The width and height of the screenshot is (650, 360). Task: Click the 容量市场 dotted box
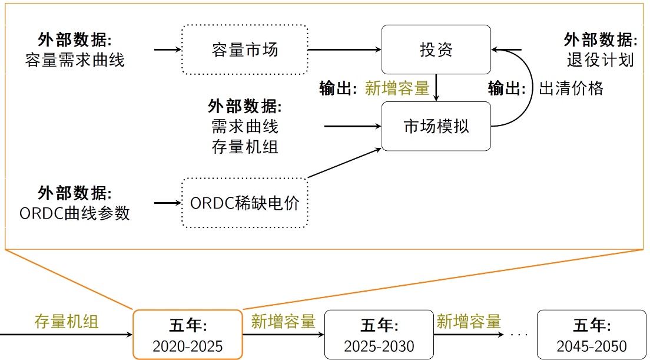click(x=245, y=49)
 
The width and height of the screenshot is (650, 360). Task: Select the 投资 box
click(x=436, y=49)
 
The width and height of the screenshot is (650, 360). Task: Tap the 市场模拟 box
click(x=436, y=126)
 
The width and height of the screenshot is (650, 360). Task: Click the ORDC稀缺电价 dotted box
click(x=245, y=203)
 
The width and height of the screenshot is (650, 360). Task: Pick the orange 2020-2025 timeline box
click(x=188, y=334)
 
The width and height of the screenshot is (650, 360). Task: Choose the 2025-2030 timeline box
click(x=379, y=335)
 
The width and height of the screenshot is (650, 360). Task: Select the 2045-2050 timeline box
click(x=591, y=335)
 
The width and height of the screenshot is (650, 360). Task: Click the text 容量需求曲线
click(x=75, y=60)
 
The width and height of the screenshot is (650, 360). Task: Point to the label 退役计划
click(x=600, y=60)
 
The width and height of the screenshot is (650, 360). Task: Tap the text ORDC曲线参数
click(x=75, y=213)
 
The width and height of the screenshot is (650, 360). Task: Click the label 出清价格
click(x=571, y=89)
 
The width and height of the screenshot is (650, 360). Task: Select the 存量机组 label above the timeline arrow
click(x=67, y=322)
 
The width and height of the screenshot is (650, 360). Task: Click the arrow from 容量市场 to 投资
click(x=344, y=50)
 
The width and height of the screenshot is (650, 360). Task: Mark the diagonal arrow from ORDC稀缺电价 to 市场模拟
click(x=344, y=163)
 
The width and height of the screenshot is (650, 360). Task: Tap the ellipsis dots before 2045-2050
click(x=519, y=335)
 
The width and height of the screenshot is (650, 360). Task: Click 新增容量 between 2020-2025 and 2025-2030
click(x=283, y=322)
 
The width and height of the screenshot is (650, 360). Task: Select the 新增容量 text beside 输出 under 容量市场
click(x=397, y=89)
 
